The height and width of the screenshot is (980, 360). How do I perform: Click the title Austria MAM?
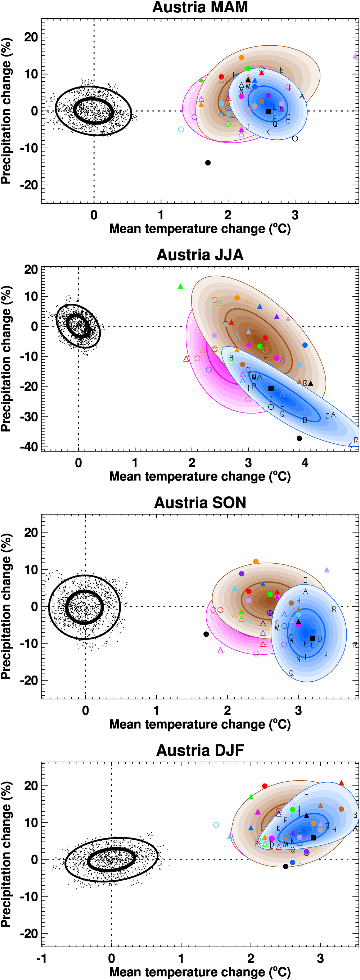point(200,7)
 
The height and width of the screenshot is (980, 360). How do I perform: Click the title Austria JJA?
point(200,255)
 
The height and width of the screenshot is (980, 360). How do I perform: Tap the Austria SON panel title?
point(200,502)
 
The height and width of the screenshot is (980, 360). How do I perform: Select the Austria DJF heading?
point(200,750)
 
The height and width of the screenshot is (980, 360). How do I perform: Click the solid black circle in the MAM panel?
point(208,163)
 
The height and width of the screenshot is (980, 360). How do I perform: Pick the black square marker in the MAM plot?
point(268,112)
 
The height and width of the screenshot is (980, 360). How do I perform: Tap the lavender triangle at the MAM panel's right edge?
point(355,56)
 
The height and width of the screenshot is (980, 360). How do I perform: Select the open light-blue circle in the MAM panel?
point(181,129)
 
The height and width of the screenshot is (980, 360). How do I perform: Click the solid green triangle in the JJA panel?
point(180,286)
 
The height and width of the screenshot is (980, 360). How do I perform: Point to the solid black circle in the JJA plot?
point(299,438)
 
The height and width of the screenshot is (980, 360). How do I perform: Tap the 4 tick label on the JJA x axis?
point(305,463)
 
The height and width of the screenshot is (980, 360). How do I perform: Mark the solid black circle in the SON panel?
point(206,634)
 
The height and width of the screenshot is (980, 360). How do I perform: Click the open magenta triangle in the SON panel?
point(220,651)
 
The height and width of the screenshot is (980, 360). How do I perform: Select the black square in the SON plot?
point(312,638)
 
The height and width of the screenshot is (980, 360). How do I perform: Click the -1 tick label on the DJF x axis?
point(41,958)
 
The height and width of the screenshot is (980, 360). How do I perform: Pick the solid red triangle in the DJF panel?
point(341,783)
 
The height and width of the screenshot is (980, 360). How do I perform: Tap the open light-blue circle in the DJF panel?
point(216,825)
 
